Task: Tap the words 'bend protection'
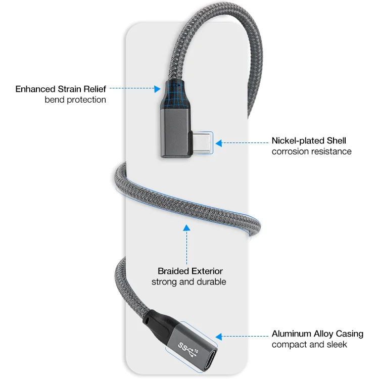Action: coord(75,100)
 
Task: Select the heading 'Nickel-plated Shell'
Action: coord(309,140)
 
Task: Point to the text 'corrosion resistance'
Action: coord(311,151)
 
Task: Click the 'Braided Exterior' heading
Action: coord(190,271)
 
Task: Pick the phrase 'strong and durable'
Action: coord(189,281)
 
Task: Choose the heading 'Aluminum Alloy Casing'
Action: coord(317,334)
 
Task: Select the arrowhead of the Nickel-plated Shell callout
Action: coord(219,143)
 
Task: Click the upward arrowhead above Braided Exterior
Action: coord(186,228)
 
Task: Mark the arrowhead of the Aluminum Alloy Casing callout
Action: coord(218,336)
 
